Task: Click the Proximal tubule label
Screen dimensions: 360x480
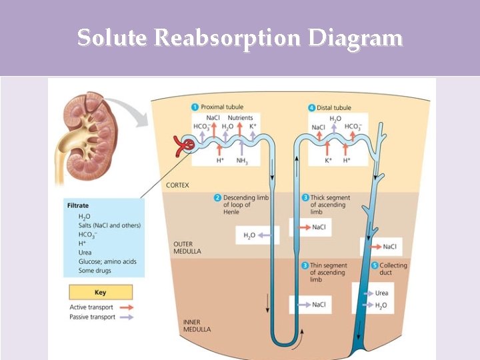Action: click(x=221, y=107)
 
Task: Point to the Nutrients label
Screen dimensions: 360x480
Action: click(x=240, y=117)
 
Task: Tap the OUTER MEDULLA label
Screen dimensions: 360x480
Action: click(x=187, y=248)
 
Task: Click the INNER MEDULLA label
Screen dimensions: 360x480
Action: click(x=197, y=325)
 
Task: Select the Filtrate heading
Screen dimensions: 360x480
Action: click(x=79, y=206)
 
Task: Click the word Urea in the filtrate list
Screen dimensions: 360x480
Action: click(x=85, y=253)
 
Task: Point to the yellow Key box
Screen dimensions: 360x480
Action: click(x=100, y=292)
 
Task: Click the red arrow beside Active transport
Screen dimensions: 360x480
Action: click(x=125, y=307)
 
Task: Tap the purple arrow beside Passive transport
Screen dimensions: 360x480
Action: click(x=125, y=317)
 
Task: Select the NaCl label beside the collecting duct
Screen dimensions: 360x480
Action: click(x=389, y=247)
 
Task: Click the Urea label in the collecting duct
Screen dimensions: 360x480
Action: click(x=381, y=293)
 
